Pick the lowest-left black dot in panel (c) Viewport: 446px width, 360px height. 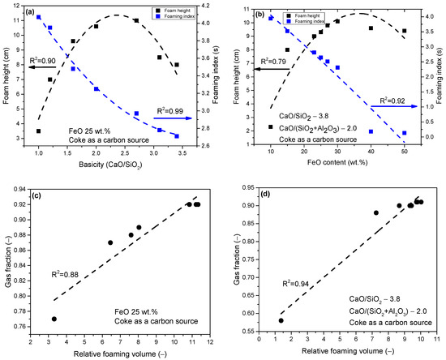point(54,319)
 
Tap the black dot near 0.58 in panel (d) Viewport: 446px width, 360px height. point(281,320)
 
